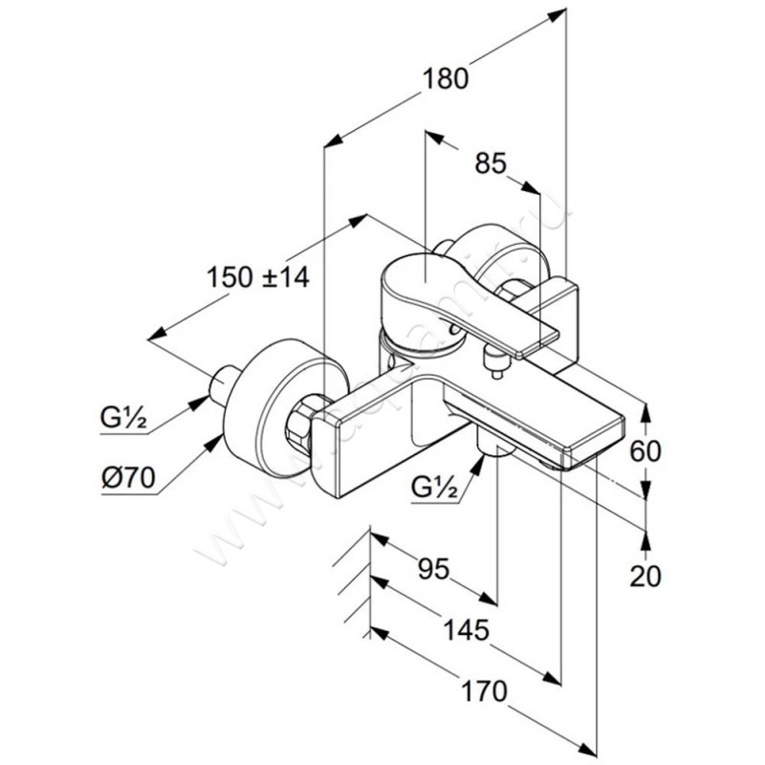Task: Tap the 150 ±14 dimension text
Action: click(259, 278)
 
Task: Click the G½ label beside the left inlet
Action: click(124, 417)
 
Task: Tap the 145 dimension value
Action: click(467, 630)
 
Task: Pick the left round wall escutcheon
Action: click(277, 402)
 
